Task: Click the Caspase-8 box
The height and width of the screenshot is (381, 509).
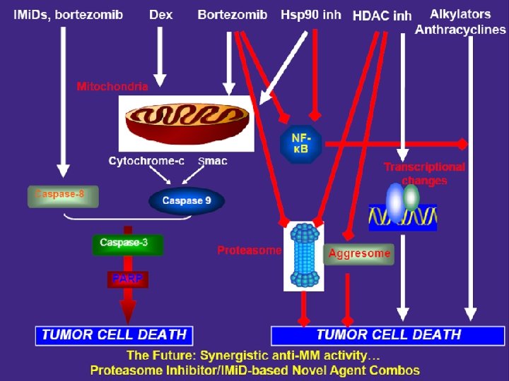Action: pyautogui.click(x=63, y=195)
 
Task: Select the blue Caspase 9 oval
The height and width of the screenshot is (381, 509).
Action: pyautogui.click(x=187, y=201)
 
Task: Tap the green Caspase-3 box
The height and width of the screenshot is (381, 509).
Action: pyautogui.click(x=128, y=243)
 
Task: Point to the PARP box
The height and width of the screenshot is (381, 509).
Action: pyautogui.click(x=128, y=279)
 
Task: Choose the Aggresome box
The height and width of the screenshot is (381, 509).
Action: pyautogui.click(x=359, y=253)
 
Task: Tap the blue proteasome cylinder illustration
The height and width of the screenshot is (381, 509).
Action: pyautogui.click(x=304, y=255)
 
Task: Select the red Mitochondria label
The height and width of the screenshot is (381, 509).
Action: pyautogui.click(x=112, y=87)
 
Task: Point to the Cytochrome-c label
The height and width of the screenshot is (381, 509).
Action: pyautogui.click(x=146, y=161)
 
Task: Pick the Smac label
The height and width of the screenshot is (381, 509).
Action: pyautogui.click(x=213, y=161)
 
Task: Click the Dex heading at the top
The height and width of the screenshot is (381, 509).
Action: pyautogui.click(x=161, y=14)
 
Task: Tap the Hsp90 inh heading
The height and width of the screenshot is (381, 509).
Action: pyautogui.click(x=310, y=14)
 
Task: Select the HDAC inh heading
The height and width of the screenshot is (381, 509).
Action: pyautogui.click(x=382, y=16)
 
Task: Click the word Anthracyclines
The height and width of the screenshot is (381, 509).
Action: pyautogui.click(x=460, y=30)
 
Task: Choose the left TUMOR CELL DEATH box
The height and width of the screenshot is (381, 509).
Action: pyautogui.click(x=115, y=334)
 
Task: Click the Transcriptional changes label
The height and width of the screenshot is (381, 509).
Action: pyautogui.click(x=424, y=174)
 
